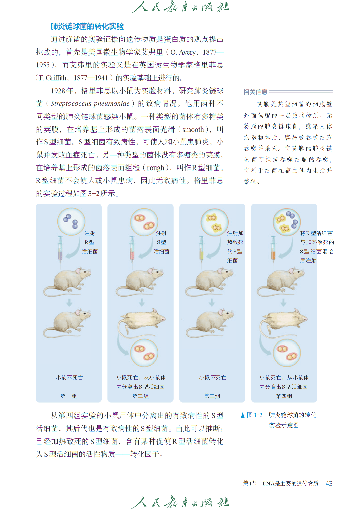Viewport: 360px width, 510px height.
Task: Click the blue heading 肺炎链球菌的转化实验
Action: pyautogui.click(x=87, y=26)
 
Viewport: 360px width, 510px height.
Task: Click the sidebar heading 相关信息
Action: pyautogui.click(x=256, y=92)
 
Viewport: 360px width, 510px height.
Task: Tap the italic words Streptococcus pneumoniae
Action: pyautogui.click(x=90, y=104)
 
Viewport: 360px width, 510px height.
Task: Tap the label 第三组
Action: pyautogui.click(x=212, y=396)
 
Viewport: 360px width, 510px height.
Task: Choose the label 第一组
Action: pyautogui.click(x=69, y=396)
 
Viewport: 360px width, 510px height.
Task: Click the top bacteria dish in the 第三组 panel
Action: pyautogui.click(x=215, y=222)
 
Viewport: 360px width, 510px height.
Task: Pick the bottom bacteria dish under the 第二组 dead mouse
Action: pyautogui.click(x=144, y=353)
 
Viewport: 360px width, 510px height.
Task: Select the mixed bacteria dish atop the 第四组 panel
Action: pyautogui.click(x=286, y=222)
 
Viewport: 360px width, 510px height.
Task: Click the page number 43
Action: pyautogui.click(x=329, y=483)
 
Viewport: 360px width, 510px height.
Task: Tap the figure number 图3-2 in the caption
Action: pyautogui.click(x=255, y=415)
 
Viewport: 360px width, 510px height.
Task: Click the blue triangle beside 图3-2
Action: pyautogui.click(x=243, y=415)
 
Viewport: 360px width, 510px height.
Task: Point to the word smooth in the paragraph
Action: pyautogui.click(x=193, y=130)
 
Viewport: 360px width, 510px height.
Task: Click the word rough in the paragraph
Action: pyautogui.click(x=155, y=168)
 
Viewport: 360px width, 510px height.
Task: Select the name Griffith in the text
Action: pyautogui.click(x=56, y=78)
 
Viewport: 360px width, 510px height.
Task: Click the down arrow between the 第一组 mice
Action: pyautogui.click(x=69, y=302)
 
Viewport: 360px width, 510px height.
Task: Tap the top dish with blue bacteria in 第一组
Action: pyautogui.click(x=71, y=221)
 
